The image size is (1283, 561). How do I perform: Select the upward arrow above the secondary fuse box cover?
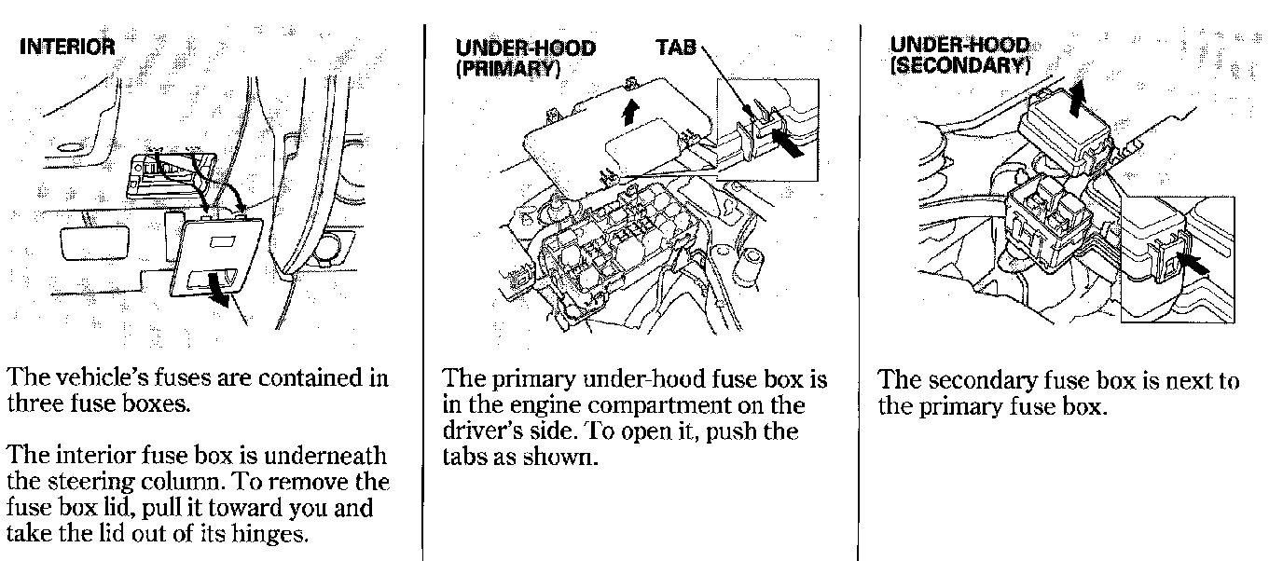1077,98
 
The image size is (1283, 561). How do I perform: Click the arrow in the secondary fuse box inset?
1193,267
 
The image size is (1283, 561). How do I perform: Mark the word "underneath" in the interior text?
325,457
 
